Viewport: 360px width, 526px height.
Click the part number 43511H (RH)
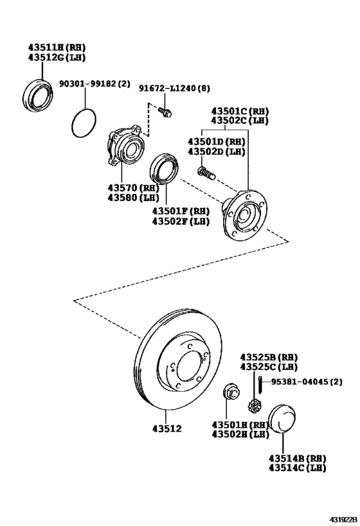pos(57,47)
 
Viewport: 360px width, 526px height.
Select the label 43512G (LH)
pos(57,57)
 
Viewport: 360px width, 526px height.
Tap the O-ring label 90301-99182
pos(90,83)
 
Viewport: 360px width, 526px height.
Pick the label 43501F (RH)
pos(181,211)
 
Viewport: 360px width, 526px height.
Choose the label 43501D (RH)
pos(216,141)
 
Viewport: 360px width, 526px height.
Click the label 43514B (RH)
pos(297,458)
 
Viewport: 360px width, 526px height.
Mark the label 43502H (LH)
pos(241,435)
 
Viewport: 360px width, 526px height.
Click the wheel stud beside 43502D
pos(204,171)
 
